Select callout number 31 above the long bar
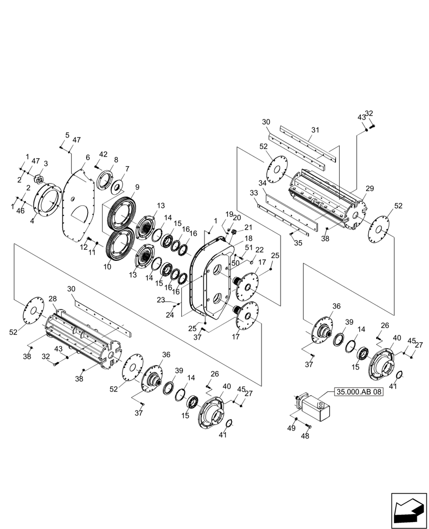tap(315, 130)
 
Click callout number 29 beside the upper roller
tap(369, 188)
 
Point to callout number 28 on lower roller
tap(52, 299)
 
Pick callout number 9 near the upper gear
tap(137, 187)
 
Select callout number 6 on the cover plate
tap(88, 157)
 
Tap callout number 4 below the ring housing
tap(32, 222)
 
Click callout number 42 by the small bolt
tap(103, 154)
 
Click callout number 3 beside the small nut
tap(45, 163)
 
